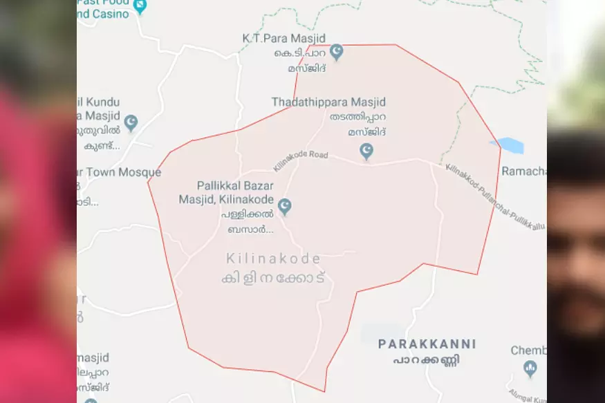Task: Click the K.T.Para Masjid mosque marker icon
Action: point(336,52)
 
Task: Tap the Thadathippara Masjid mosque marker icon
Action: point(366,150)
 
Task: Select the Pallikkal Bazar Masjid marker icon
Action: point(284,206)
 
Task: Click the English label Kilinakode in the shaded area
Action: point(274,259)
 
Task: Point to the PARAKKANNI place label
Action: point(427,344)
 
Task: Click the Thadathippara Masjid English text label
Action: point(328,102)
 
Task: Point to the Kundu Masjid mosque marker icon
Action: point(131,122)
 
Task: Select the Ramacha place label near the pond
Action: point(523,171)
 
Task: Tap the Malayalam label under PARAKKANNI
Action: point(427,360)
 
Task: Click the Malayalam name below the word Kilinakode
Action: point(273,278)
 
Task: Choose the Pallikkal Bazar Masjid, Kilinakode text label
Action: point(236,193)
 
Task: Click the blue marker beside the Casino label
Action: point(140,6)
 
